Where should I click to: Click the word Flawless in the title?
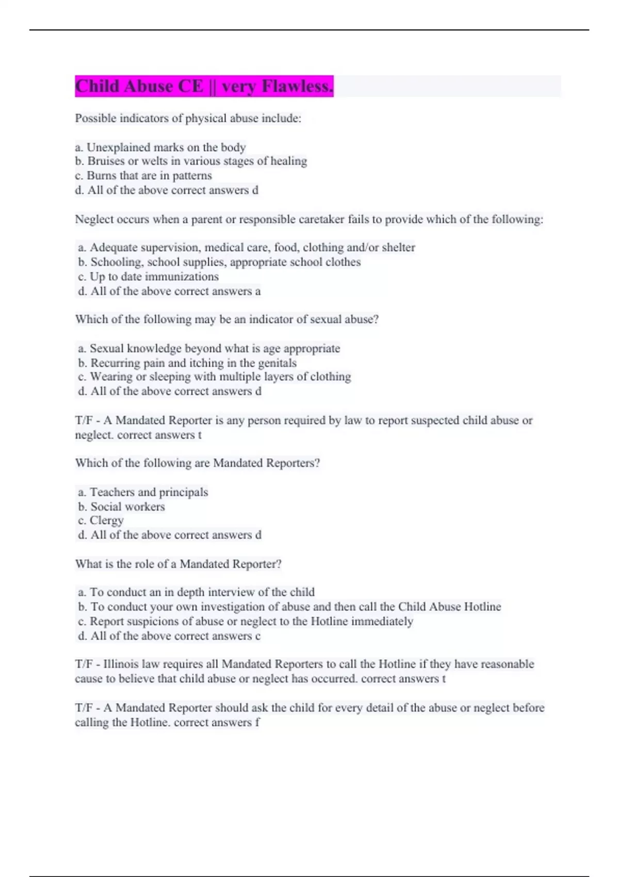coord(298,86)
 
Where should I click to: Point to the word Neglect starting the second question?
coord(93,219)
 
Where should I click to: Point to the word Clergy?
coord(107,521)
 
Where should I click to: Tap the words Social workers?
coord(127,507)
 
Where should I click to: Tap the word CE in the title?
coord(191,86)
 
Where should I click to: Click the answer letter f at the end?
coord(257,722)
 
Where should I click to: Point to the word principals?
coord(183,492)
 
